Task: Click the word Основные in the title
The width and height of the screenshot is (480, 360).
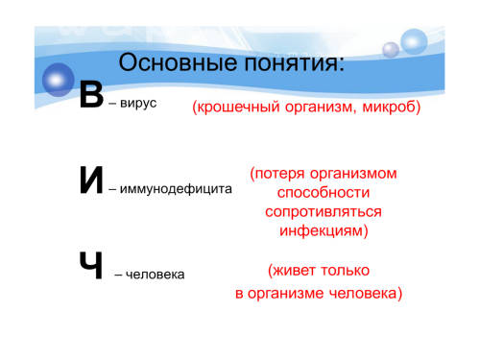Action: point(179,62)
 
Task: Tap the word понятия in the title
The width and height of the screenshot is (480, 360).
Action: point(292,62)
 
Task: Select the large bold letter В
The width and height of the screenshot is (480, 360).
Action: point(91,94)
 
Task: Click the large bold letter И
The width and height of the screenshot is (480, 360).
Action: point(91,180)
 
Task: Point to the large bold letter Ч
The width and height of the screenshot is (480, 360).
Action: point(91,265)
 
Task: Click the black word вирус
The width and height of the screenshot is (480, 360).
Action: point(138,104)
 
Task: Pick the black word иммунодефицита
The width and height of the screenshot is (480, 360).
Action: point(176,189)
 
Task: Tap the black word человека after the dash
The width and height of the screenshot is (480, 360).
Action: point(155,275)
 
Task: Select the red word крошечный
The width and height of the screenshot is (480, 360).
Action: point(238,107)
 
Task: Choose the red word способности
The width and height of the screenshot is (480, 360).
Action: point(324,193)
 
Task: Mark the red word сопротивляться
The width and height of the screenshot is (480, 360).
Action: point(324,212)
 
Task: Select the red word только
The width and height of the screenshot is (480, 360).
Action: point(346,271)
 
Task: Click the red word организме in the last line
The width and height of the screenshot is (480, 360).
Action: point(285,294)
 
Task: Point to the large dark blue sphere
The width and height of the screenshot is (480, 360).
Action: point(58,80)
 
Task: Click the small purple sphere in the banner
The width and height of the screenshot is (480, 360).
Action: point(391,50)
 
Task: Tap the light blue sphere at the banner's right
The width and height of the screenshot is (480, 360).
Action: point(414,41)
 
